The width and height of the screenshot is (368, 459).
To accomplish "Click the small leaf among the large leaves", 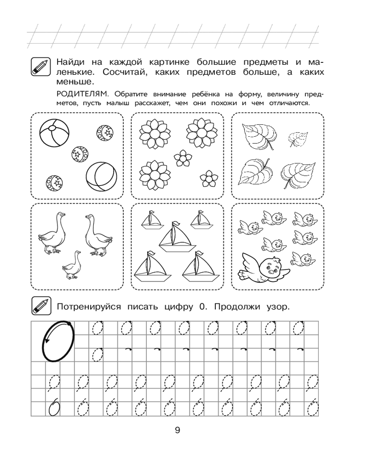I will (297, 139).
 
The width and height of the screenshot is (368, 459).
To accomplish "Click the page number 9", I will (178, 430).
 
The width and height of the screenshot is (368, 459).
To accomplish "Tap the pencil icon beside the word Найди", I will (40, 65).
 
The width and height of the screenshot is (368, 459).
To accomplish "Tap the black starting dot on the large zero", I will (69, 325).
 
